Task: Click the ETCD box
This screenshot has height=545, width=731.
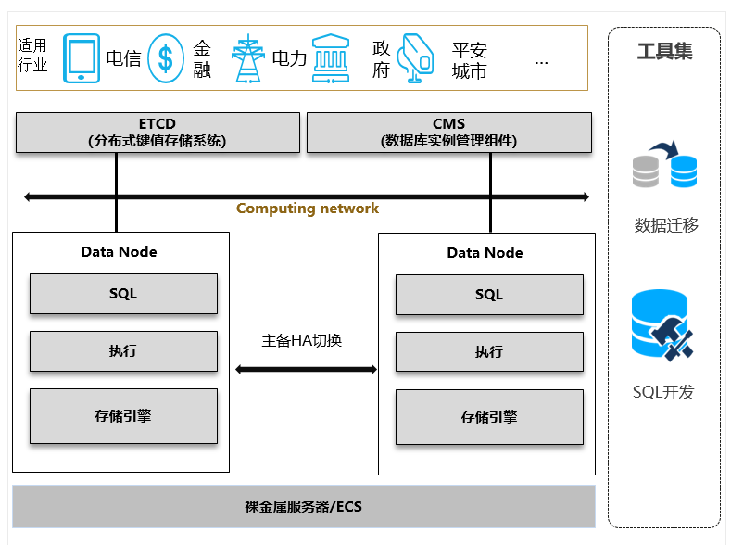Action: pyautogui.click(x=158, y=133)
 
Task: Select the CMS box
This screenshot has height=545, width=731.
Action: pyautogui.click(x=448, y=133)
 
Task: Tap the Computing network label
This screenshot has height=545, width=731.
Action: pyautogui.click(x=307, y=209)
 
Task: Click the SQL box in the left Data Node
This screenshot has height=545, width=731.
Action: pyautogui.click(x=123, y=294)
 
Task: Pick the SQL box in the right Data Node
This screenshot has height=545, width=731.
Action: pyautogui.click(x=489, y=295)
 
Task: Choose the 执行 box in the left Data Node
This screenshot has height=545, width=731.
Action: pyautogui.click(x=123, y=351)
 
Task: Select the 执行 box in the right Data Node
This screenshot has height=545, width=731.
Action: pyautogui.click(x=489, y=352)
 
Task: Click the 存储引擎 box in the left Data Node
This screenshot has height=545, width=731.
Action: pyautogui.click(x=123, y=416)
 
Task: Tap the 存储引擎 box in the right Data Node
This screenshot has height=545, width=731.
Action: pyautogui.click(x=489, y=417)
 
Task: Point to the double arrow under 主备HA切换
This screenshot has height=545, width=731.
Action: pyautogui.click(x=306, y=370)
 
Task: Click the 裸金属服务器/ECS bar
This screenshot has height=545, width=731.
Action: pyautogui.click(x=304, y=507)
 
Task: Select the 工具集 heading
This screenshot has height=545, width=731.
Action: pyautogui.click(x=664, y=51)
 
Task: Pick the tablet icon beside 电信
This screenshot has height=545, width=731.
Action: pyautogui.click(x=82, y=59)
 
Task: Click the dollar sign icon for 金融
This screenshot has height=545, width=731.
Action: pyautogui.click(x=166, y=59)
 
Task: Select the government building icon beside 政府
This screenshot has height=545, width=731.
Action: pyautogui.click(x=331, y=59)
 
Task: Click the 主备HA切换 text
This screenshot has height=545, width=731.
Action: pyautogui.click(x=302, y=340)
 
